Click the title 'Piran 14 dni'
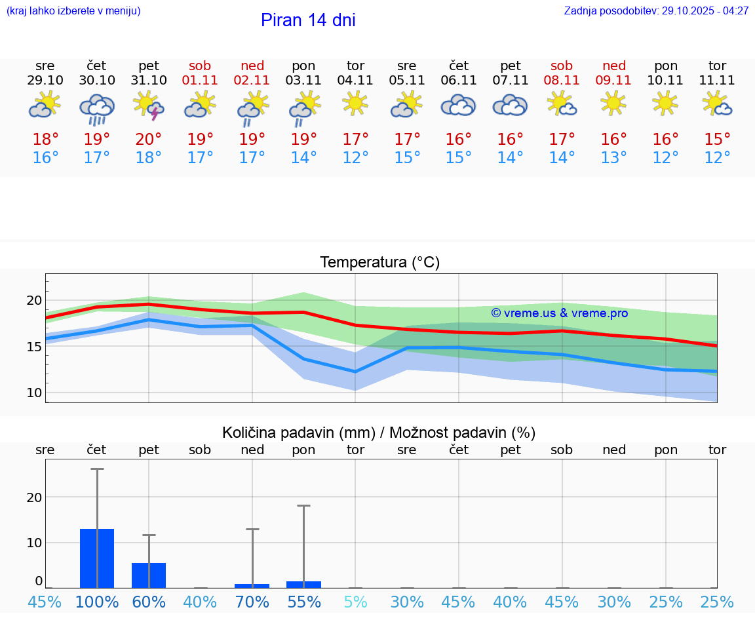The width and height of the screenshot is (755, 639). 308,20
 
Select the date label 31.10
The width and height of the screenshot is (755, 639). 149,81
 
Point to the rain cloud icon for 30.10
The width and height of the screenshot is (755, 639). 97,108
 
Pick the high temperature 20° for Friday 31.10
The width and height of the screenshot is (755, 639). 149,140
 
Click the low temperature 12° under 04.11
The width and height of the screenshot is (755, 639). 355,158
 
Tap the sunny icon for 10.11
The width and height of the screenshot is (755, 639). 666,104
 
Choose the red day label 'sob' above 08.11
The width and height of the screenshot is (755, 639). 562,66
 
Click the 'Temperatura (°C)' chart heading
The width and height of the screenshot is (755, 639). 379,263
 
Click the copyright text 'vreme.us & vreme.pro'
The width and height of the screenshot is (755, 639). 560,313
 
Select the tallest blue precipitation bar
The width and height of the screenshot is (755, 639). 97,558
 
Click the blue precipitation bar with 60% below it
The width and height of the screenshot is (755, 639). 149,575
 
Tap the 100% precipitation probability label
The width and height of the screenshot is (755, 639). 97,602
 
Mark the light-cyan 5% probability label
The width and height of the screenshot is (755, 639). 355,602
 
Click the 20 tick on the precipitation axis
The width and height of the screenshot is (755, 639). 34,497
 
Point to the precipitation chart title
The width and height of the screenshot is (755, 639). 379,433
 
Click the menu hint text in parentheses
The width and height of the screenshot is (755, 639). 73,11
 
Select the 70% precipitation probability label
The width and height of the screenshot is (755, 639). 252,602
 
